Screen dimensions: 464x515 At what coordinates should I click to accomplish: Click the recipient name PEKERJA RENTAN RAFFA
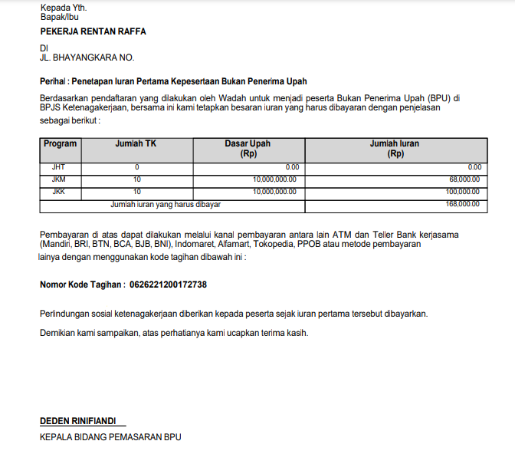(93, 31)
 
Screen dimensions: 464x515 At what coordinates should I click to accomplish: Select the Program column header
(60, 143)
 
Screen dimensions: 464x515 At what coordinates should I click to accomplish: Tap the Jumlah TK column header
(136, 143)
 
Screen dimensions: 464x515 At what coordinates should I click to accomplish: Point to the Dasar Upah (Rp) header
(248, 148)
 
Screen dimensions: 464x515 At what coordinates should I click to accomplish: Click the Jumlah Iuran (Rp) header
(395, 148)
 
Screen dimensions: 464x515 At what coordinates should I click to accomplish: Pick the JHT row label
(59, 166)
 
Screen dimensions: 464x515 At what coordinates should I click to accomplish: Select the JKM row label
(59, 179)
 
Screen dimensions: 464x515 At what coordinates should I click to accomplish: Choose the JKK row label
(59, 192)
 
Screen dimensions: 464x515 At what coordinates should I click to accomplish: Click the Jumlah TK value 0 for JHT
(136, 166)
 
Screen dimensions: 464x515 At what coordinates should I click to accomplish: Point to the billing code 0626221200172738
(168, 285)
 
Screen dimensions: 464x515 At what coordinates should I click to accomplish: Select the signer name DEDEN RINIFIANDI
(80, 421)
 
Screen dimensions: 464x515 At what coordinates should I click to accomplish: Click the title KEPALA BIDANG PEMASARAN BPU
(110, 437)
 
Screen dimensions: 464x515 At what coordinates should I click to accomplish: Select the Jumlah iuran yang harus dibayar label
(166, 204)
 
